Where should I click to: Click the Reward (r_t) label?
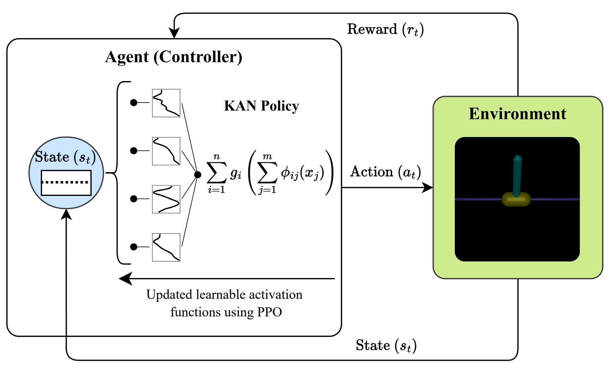click(x=385, y=30)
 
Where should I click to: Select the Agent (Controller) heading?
click(x=174, y=57)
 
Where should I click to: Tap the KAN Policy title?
click(x=261, y=106)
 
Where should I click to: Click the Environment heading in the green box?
click(x=517, y=114)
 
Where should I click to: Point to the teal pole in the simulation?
click(x=517, y=175)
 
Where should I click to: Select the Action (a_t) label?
click(x=385, y=172)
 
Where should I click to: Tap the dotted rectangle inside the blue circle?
click(x=66, y=183)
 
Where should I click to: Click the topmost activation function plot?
click(x=166, y=103)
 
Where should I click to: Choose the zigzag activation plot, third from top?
click(x=166, y=199)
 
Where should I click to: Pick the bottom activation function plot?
click(x=166, y=247)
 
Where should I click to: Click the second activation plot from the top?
click(x=166, y=151)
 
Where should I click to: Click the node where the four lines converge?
click(x=198, y=175)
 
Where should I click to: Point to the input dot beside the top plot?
click(x=134, y=103)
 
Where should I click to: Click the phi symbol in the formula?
click(x=285, y=172)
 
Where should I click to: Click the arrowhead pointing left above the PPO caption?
click(x=125, y=279)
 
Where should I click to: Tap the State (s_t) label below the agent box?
click(x=386, y=346)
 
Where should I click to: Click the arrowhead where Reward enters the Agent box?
click(x=174, y=33)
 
